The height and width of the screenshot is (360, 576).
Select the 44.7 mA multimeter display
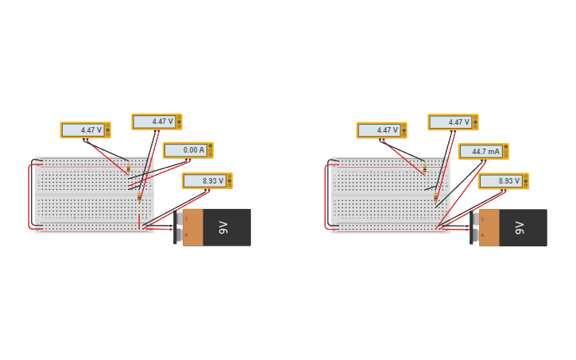[481, 151]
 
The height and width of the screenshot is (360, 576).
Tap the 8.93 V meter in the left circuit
[204, 181]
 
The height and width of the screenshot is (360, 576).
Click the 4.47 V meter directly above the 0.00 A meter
[154, 122]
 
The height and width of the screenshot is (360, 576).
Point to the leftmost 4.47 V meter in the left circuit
[83, 130]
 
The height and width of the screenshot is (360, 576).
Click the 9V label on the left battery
[223, 227]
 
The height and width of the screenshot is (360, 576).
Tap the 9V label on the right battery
[520, 227]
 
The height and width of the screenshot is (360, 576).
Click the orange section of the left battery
[193, 227]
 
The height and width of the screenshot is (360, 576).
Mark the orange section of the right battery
[489, 227]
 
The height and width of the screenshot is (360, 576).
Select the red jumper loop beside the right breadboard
[327, 197]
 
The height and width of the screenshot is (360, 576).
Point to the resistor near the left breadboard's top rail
[128, 168]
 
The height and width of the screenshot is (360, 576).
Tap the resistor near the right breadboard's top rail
[424, 168]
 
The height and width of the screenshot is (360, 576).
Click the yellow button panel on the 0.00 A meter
[210, 150]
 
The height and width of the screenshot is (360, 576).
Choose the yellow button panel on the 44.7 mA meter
[505, 151]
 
